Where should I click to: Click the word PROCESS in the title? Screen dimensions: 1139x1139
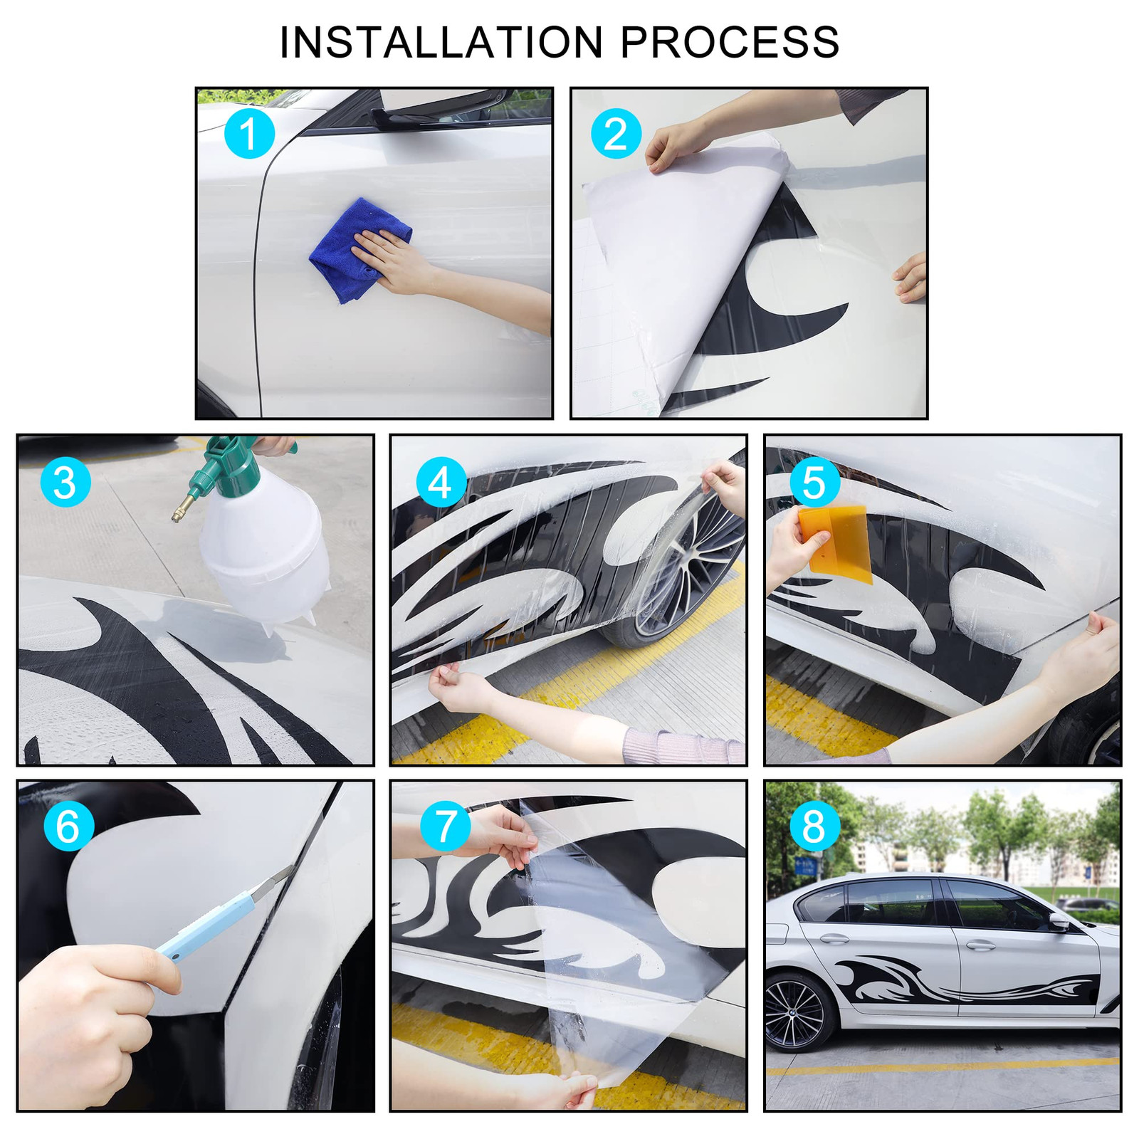730,43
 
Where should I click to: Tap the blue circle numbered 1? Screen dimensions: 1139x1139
249,133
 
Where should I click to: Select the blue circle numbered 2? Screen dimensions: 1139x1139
616,133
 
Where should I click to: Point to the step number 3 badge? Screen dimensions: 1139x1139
65,482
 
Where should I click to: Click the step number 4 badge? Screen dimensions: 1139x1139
441,482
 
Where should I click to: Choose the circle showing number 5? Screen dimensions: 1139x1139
815,482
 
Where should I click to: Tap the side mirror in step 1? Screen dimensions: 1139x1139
441,107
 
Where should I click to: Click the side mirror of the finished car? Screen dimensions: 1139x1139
1058,923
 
